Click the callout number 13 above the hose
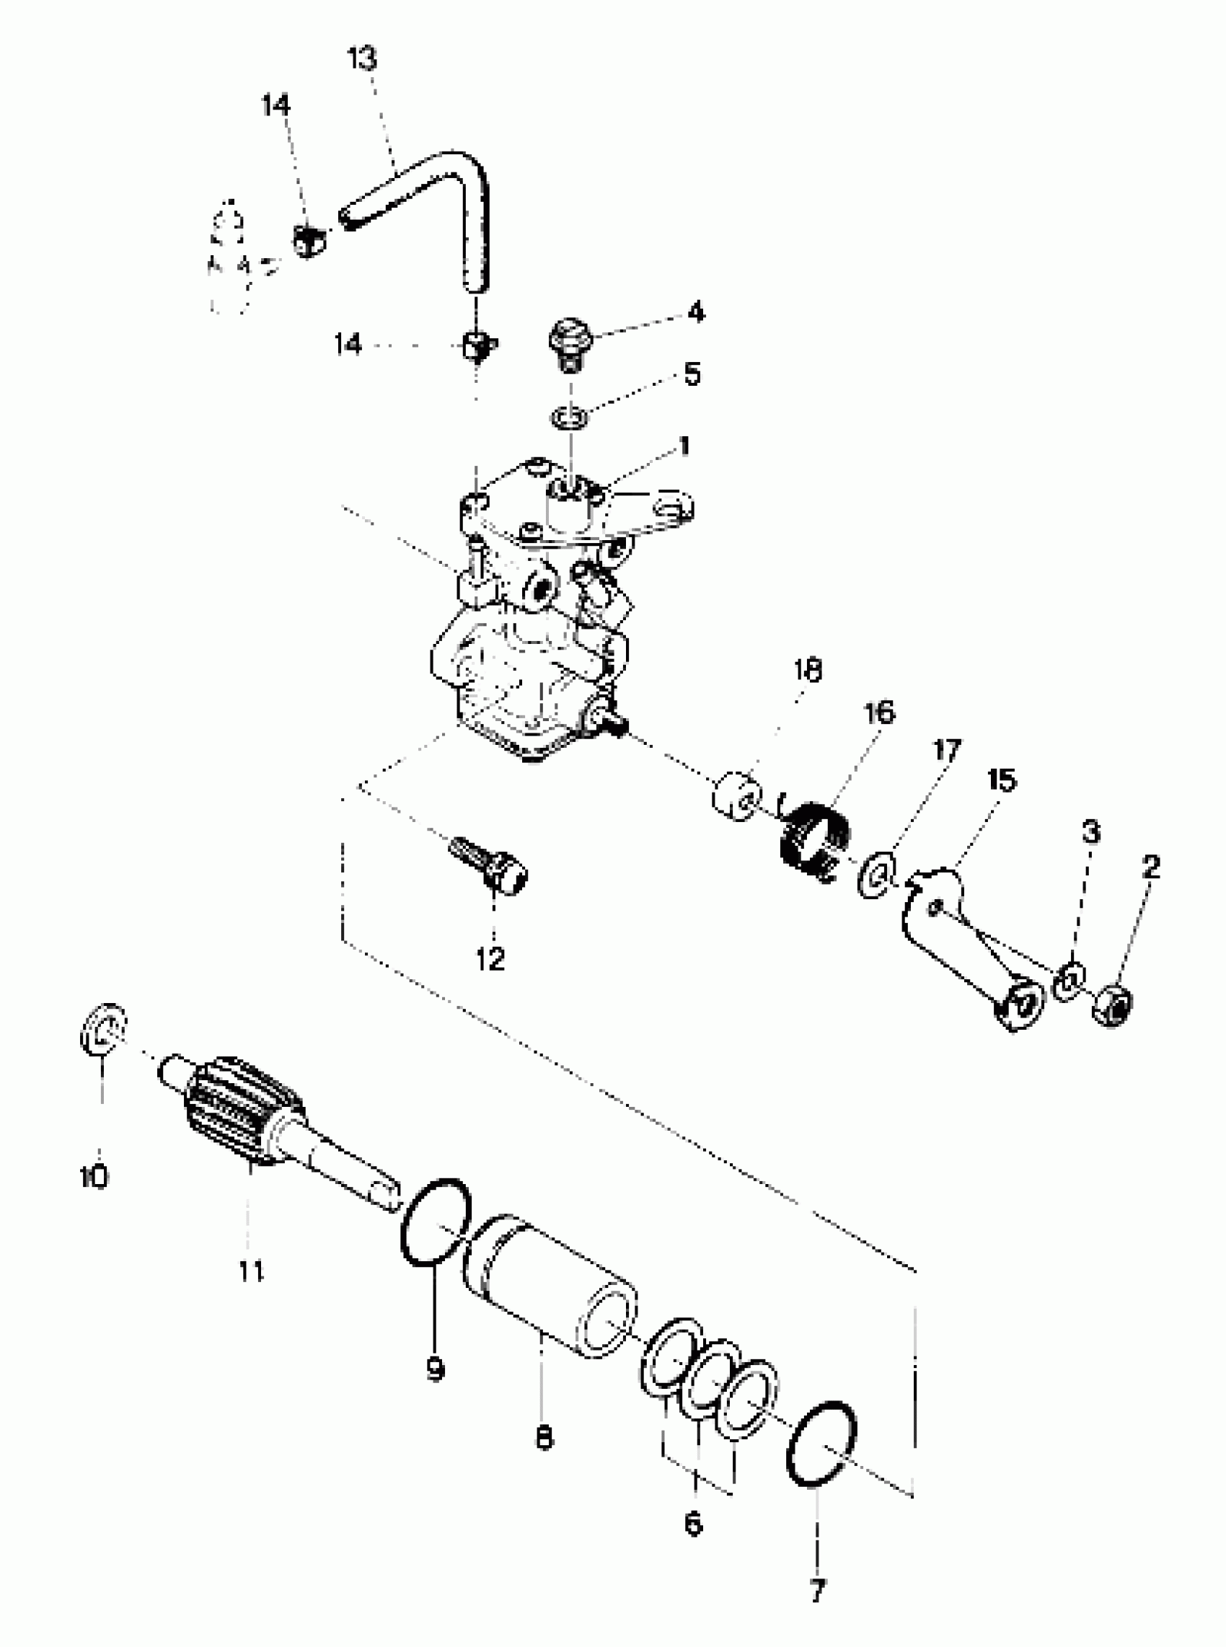pyautogui.click(x=363, y=58)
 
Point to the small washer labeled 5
pyautogui.click(x=570, y=416)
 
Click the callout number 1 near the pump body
pyautogui.click(x=684, y=446)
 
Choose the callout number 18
pyautogui.click(x=808, y=671)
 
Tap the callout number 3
pyautogui.click(x=1090, y=833)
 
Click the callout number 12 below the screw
pyautogui.click(x=490, y=959)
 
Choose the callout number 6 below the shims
pyautogui.click(x=692, y=1524)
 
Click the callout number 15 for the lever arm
pyautogui.click(x=1001, y=780)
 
